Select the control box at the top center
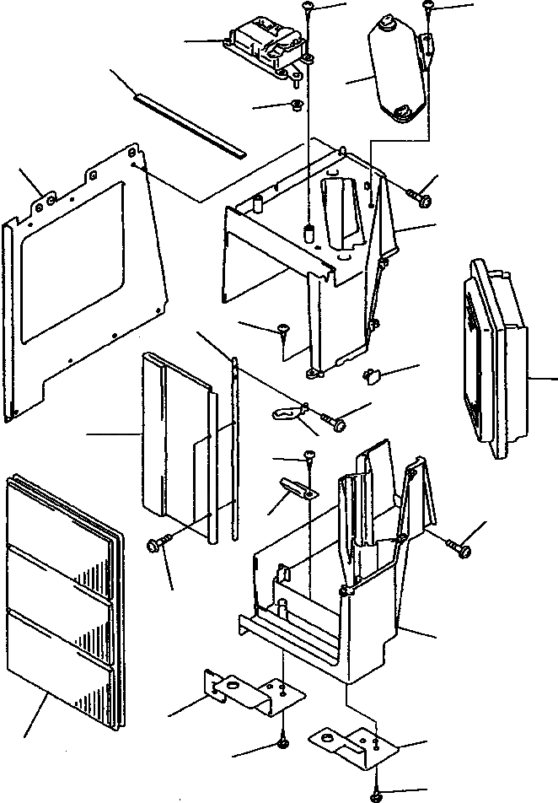tap(265, 47)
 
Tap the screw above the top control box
tap(309, 7)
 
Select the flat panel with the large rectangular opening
tap(80, 278)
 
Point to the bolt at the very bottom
tap(376, 795)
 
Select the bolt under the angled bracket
tap(282, 743)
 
